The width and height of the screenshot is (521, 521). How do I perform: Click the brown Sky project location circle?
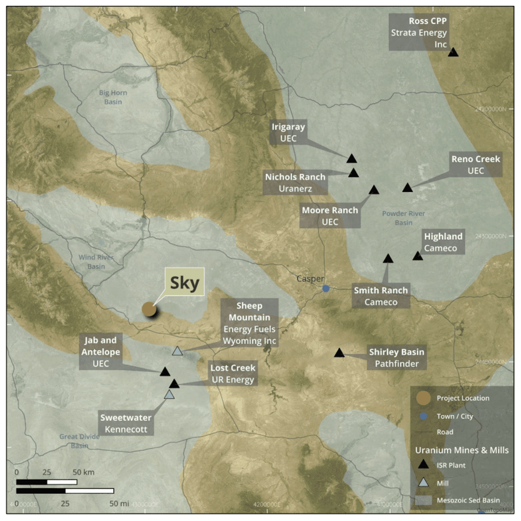point(149,309)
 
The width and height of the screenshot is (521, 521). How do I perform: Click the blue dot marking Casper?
point(326,288)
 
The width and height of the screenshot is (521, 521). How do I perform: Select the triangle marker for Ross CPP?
point(453,52)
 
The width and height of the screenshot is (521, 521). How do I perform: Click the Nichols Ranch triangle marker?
point(354,173)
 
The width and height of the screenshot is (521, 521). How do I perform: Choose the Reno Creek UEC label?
point(476,165)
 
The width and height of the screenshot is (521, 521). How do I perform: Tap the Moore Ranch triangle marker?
point(374,190)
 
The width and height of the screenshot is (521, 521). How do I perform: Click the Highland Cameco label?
point(443,242)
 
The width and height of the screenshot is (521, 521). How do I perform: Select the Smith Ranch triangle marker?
point(388,259)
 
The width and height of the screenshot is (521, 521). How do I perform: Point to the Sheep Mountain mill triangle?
point(178,351)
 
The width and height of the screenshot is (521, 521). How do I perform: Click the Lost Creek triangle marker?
point(174,384)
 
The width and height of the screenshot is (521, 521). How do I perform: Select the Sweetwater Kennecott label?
point(126,423)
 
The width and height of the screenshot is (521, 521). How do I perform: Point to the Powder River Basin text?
point(404,218)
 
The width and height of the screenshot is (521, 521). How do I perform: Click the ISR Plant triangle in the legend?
point(423,465)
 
